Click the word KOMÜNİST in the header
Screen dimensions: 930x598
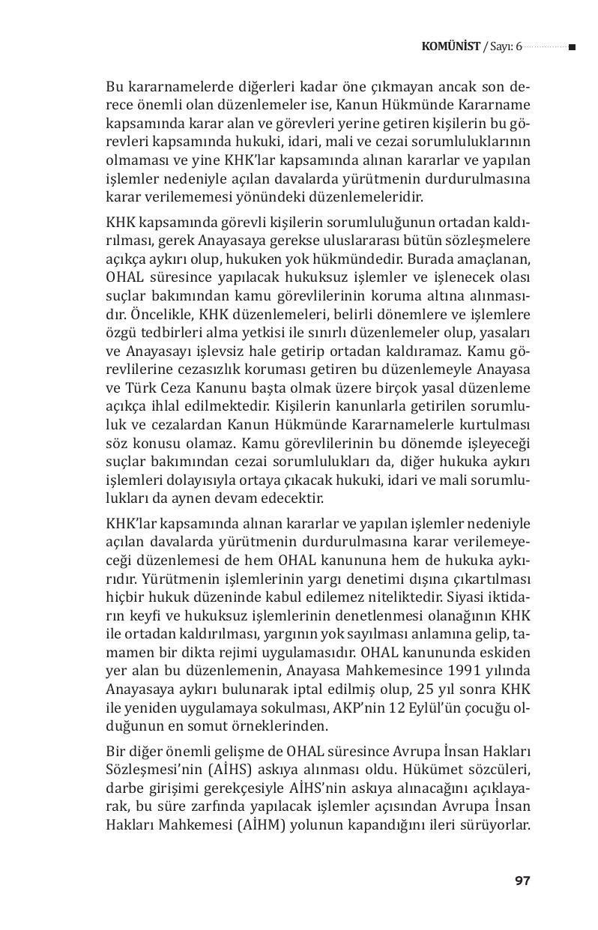click(451, 47)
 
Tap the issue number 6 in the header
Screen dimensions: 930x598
click(518, 47)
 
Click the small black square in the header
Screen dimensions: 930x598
click(572, 47)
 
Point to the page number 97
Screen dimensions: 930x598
click(522, 881)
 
